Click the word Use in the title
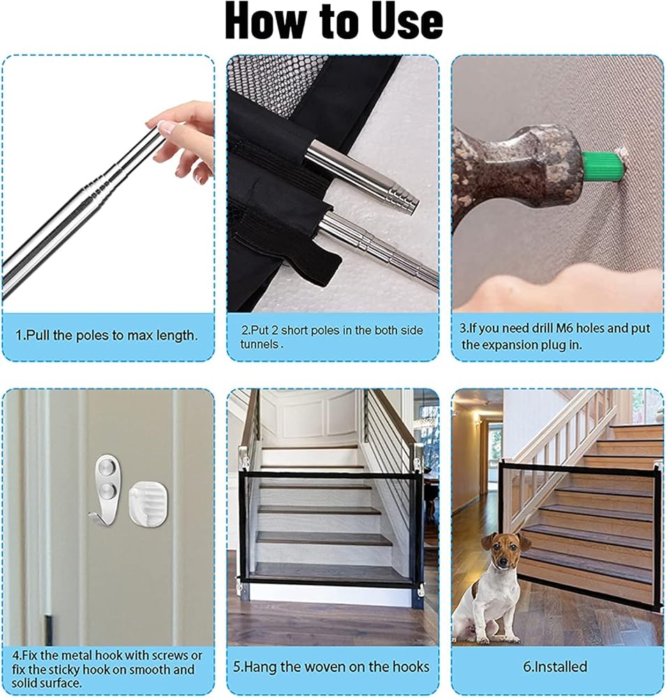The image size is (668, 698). pos(407,22)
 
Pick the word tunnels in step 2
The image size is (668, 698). pos(260,344)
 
